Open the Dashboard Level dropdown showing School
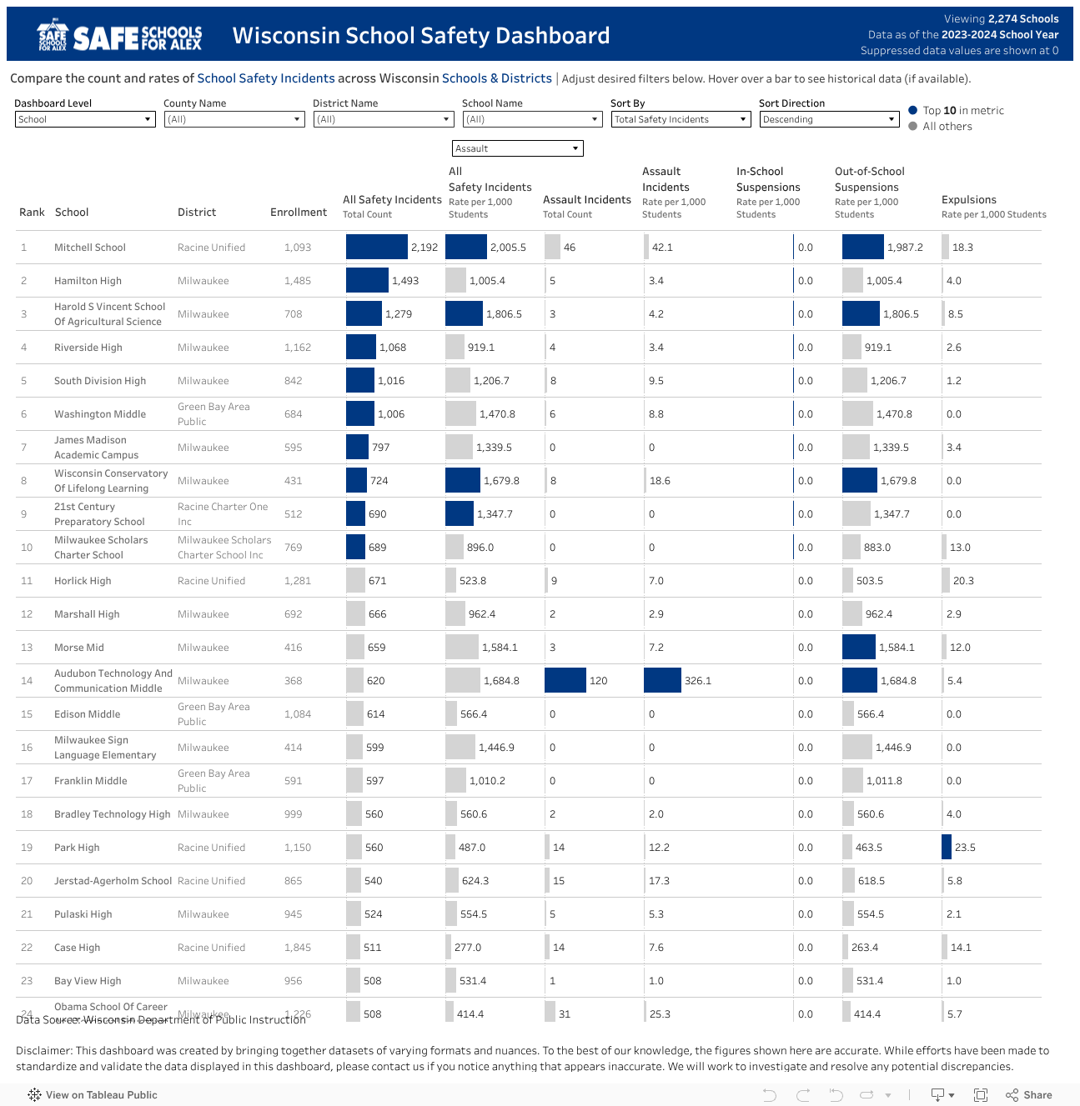(85, 119)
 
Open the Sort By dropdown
(681, 119)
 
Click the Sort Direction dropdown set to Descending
(829, 119)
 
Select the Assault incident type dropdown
(517, 148)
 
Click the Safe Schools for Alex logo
(119, 36)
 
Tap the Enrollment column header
(298, 213)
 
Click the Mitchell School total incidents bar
(377, 248)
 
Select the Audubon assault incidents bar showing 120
(565, 681)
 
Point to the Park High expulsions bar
(947, 848)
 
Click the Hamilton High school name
(88, 281)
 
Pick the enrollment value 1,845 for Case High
(297, 948)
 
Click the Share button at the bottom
(1029, 1095)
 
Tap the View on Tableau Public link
(93, 1095)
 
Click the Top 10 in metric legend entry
(962, 110)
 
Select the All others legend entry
(947, 127)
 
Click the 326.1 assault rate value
(698, 681)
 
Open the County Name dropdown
(234, 119)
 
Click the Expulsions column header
(968, 200)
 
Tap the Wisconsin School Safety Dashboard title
(421, 36)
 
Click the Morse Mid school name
(79, 648)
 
